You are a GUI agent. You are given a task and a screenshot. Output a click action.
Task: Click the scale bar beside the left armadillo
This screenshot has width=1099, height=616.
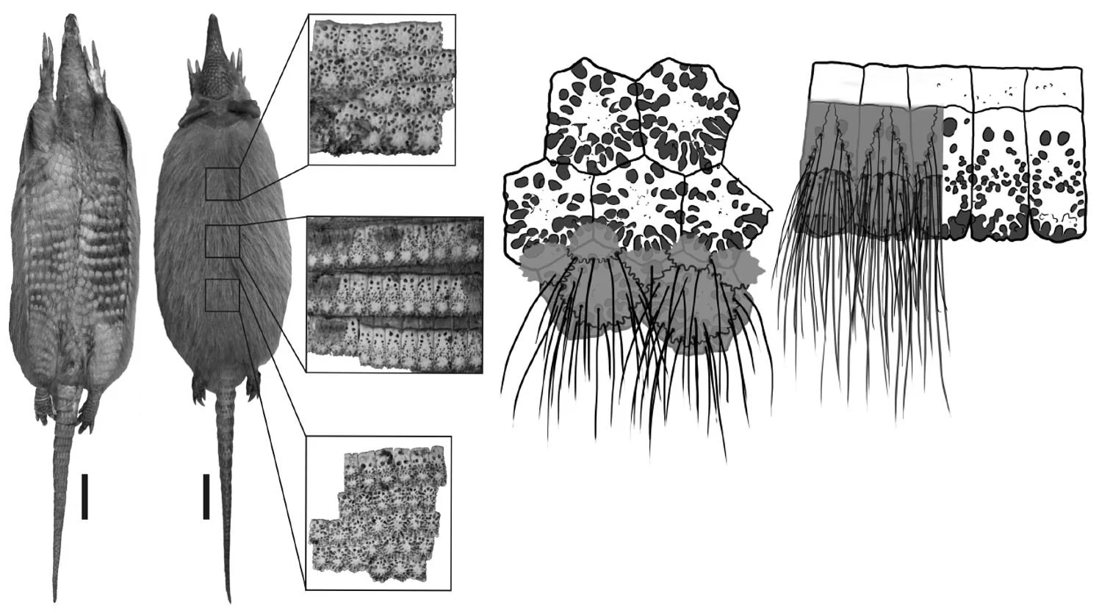pyautogui.click(x=84, y=496)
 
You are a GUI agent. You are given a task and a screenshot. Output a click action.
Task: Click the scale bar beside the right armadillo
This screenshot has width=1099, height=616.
pyautogui.click(x=206, y=496)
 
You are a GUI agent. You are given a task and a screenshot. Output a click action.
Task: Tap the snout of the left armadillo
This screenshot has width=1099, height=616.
pyautogui.click(x=71, y=22)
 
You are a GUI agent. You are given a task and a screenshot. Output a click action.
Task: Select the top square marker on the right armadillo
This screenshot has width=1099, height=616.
pyautogui.click(x=223, y=183)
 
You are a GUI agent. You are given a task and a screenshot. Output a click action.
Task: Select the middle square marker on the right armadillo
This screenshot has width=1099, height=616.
pyautogui.click(x=223, y=241)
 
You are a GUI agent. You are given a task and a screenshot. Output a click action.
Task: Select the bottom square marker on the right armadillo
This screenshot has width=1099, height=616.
pyautogui.click(x=223, y=295)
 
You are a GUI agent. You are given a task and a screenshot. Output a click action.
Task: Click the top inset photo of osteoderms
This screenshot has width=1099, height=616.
pyautogui.click(x=381, y=88)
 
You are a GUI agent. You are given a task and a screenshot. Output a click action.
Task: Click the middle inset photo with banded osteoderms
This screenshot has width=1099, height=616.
pyautogui.click(x=394, y=294)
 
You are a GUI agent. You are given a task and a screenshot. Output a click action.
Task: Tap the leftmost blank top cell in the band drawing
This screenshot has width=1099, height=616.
pyautogui.click(x=837, y=83)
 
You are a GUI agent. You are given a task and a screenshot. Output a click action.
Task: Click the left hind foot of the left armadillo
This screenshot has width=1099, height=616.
pyautogui.click(x=43, y=403)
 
